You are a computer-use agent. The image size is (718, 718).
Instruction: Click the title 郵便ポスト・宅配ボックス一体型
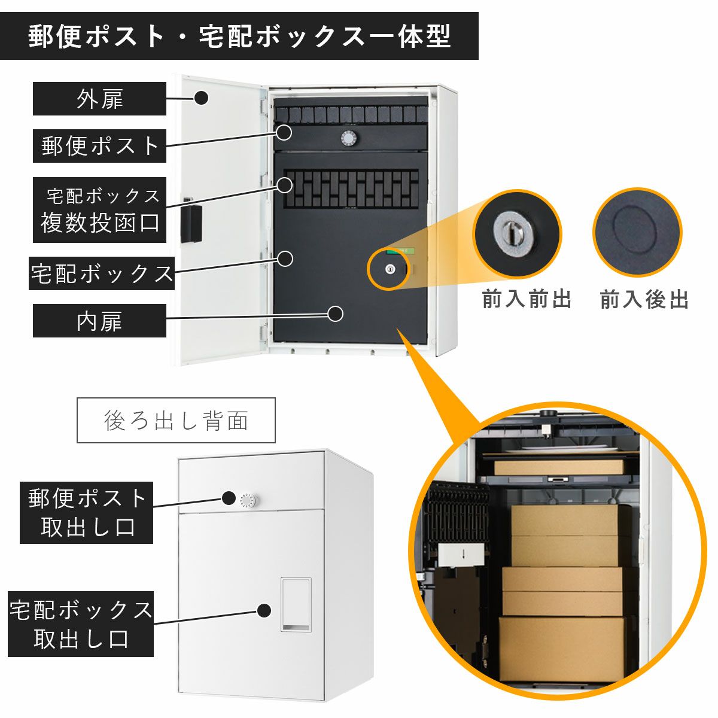pyautogui.click(x=239, y=36)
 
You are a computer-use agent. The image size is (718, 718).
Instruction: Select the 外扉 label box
pyautogui.click(x=99, y=99)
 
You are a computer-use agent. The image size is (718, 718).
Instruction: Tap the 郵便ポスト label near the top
pyautogui.click(x=99, y=145)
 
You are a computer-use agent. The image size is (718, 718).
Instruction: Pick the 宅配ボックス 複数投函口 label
pyautogui.click(x=99, y=210)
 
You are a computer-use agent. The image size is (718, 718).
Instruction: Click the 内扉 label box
pyautogui.click(x=99, y=321)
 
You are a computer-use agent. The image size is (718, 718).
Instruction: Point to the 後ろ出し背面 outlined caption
pyautogui.click(x=176, y=421)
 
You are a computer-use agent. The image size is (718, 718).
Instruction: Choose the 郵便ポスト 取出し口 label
pyautogui.click(x=87, y=513)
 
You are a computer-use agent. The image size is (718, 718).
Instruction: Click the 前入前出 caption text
pyautogui.click(x=527, y=299)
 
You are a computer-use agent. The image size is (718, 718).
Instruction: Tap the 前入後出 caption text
pyautogui.click(x=644, y=299)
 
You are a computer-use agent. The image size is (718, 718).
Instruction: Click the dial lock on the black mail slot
pyautogui.click(x=348, y=138)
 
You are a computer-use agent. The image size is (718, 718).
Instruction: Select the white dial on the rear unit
pyautogui.click(x=247, y=500)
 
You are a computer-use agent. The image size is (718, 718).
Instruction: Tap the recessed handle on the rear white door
pyautogui.click(x=296, y=604)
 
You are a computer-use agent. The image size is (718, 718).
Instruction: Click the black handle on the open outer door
pyautogui.click(x=191, y=224)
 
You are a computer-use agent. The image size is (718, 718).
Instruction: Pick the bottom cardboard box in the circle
pyautogui.click(x=561, y=649)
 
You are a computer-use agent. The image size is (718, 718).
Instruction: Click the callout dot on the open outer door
pyautogui.click(x=202, y=97)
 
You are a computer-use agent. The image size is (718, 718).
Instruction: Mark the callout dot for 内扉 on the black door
pyautogui.click(x=336, y=314)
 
